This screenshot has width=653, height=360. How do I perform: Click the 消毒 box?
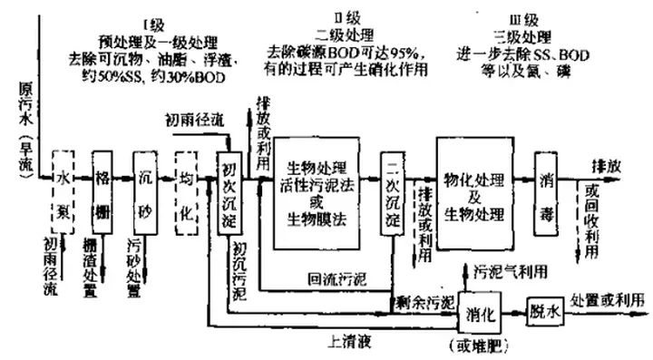click(545, 193)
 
